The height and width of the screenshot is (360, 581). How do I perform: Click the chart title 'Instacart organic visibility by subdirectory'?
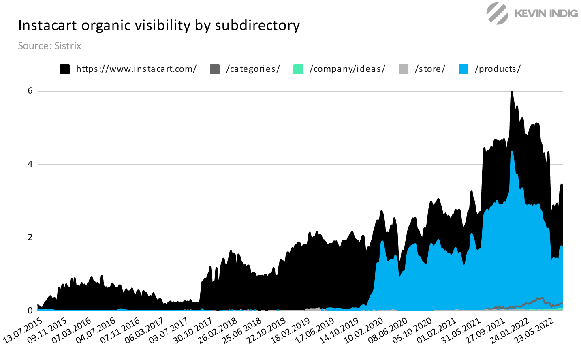click(x=159, y=26)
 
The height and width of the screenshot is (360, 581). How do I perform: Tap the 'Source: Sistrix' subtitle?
click(x=49, y=46)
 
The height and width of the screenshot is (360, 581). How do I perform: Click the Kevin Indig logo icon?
click(x=497, y=13)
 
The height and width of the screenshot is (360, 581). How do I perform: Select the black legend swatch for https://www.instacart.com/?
click(x=65, y=69)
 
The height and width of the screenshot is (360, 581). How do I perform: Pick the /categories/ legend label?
click(x=253, y=69)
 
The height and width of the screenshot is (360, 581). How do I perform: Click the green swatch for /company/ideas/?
click(x=298, y=69)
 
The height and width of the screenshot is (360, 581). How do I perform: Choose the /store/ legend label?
click(x=430, y=69)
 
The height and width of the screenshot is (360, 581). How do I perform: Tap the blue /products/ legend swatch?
click(x=464, y=69)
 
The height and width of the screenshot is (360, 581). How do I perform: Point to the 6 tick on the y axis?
click(x=30, y=91)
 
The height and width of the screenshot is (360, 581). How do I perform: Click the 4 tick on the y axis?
click(x=30, y=164)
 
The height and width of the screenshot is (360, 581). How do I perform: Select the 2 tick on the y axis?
click(x=30, y=238)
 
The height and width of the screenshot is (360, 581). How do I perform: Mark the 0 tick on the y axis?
click(x=30, y=311)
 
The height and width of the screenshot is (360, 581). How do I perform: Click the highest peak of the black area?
click(x=512, y=92)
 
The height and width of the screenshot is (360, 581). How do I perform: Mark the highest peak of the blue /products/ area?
click(x=512, y=152)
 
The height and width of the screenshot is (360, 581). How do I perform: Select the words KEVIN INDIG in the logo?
click(x=546, y=13)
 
